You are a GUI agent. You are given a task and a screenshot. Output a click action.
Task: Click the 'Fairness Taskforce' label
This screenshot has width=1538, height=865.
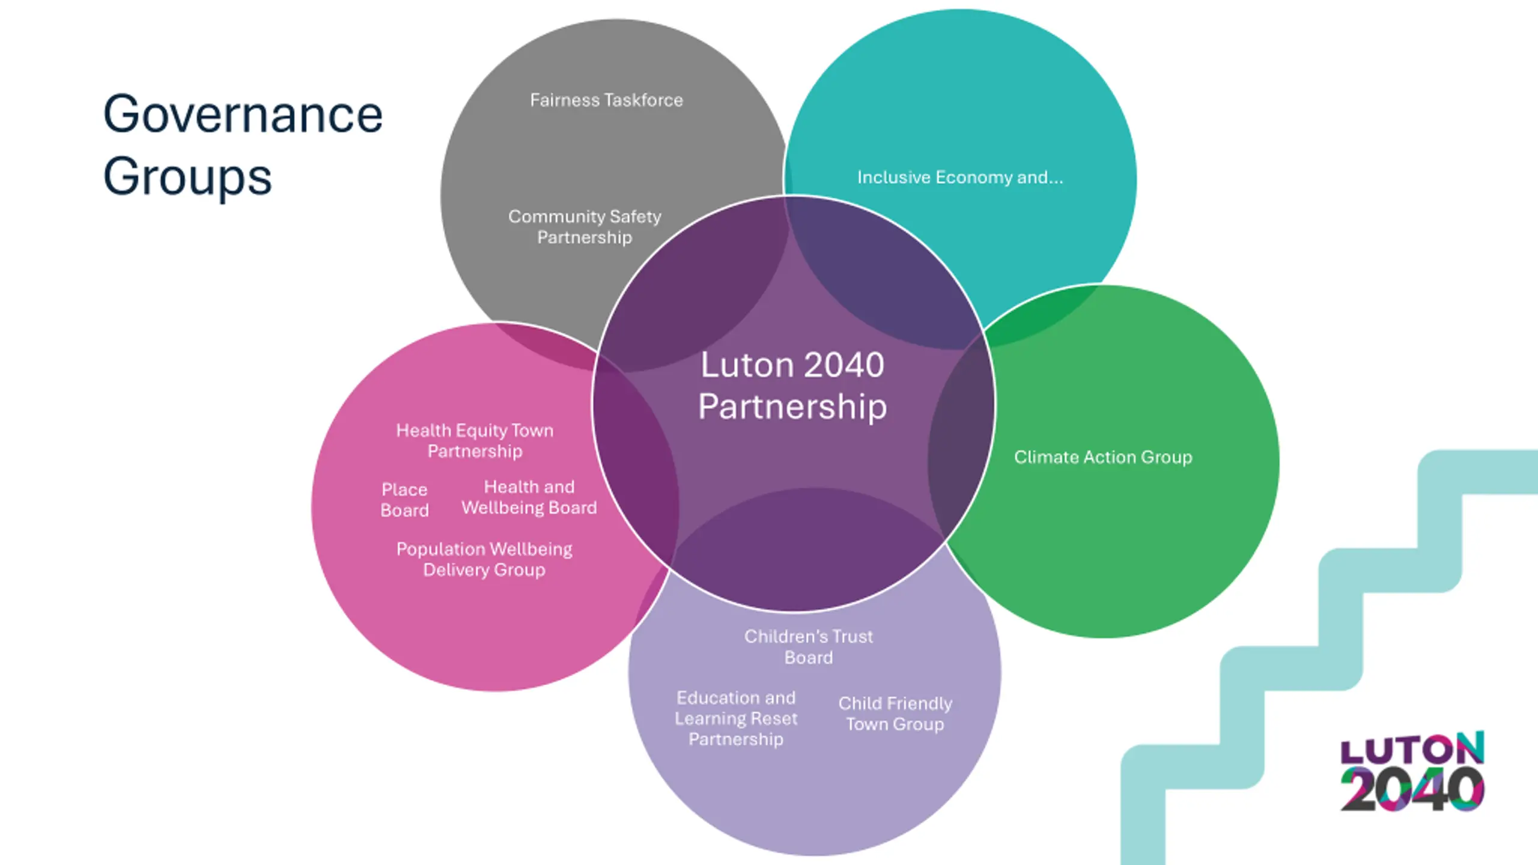[x=606, y=100]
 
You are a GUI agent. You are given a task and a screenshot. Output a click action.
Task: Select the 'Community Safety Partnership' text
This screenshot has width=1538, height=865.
[x=585, y=226]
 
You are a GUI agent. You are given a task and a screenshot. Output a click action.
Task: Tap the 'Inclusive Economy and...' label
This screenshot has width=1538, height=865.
[x=959, y=177]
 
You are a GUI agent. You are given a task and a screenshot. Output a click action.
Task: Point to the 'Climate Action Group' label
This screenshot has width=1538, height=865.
[x=1103, y=457]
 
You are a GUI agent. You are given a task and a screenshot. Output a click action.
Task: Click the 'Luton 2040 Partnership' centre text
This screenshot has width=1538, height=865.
[x=792, y=385]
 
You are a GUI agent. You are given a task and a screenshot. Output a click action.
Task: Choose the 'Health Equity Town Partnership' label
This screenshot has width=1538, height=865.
[x=475, y=440]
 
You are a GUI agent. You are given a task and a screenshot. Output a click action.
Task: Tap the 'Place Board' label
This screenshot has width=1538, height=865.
[x=404, y=500]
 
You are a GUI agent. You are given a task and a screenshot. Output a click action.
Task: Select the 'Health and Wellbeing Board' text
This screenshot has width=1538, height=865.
[x=529, y=497]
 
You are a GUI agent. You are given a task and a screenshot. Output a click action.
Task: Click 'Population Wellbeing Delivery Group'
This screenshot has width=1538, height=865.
[x=484, y=559]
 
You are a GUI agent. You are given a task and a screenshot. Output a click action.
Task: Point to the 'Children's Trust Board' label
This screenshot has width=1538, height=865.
[x=809, y=646]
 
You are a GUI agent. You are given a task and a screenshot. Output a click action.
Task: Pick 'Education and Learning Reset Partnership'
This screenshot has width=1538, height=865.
[x=736, y=718]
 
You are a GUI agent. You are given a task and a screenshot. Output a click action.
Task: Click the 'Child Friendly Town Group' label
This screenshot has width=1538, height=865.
[x=895, y=714]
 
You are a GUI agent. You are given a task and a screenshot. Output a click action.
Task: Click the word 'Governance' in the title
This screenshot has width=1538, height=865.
[x=243, y=114]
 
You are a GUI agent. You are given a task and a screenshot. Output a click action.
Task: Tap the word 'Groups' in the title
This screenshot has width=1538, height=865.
[x=187, y=177]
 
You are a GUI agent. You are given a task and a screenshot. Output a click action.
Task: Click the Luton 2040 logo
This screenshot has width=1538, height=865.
[x=1412, y=771]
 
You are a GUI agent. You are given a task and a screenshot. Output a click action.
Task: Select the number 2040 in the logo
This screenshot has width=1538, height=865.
[x=1412, y=789]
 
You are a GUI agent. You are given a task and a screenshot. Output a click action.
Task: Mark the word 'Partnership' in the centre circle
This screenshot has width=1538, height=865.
[x=792, y=407]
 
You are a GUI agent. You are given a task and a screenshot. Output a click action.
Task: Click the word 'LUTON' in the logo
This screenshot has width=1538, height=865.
[x=1412, y=748]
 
